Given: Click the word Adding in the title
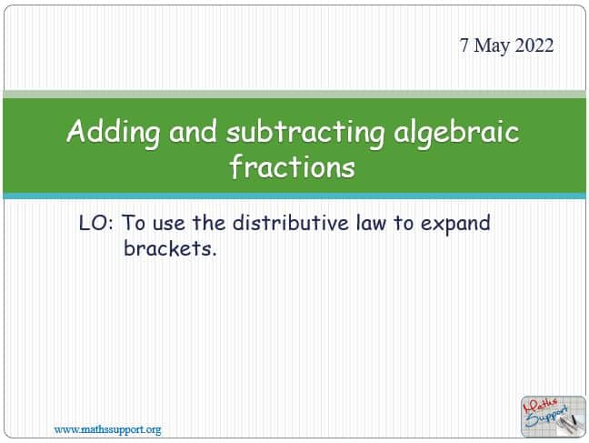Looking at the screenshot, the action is (113, 133).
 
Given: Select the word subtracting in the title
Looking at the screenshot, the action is (305, 133).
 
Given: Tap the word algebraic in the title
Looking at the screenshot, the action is (456, 133).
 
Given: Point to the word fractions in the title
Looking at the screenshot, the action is (293, 166).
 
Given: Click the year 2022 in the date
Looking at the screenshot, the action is (534, 45).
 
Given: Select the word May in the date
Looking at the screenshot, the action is (492, 46).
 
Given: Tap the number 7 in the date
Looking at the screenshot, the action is (464, 45).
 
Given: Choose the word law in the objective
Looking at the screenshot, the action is (371, 222).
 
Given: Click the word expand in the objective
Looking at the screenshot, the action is (455, 224).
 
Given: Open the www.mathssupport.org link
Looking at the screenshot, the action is (107, 429).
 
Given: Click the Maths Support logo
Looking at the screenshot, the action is (553, 416).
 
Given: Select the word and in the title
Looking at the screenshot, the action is (193, 132).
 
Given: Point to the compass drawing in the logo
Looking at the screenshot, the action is (569, 424).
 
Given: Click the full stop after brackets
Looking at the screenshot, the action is (214, 255).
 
